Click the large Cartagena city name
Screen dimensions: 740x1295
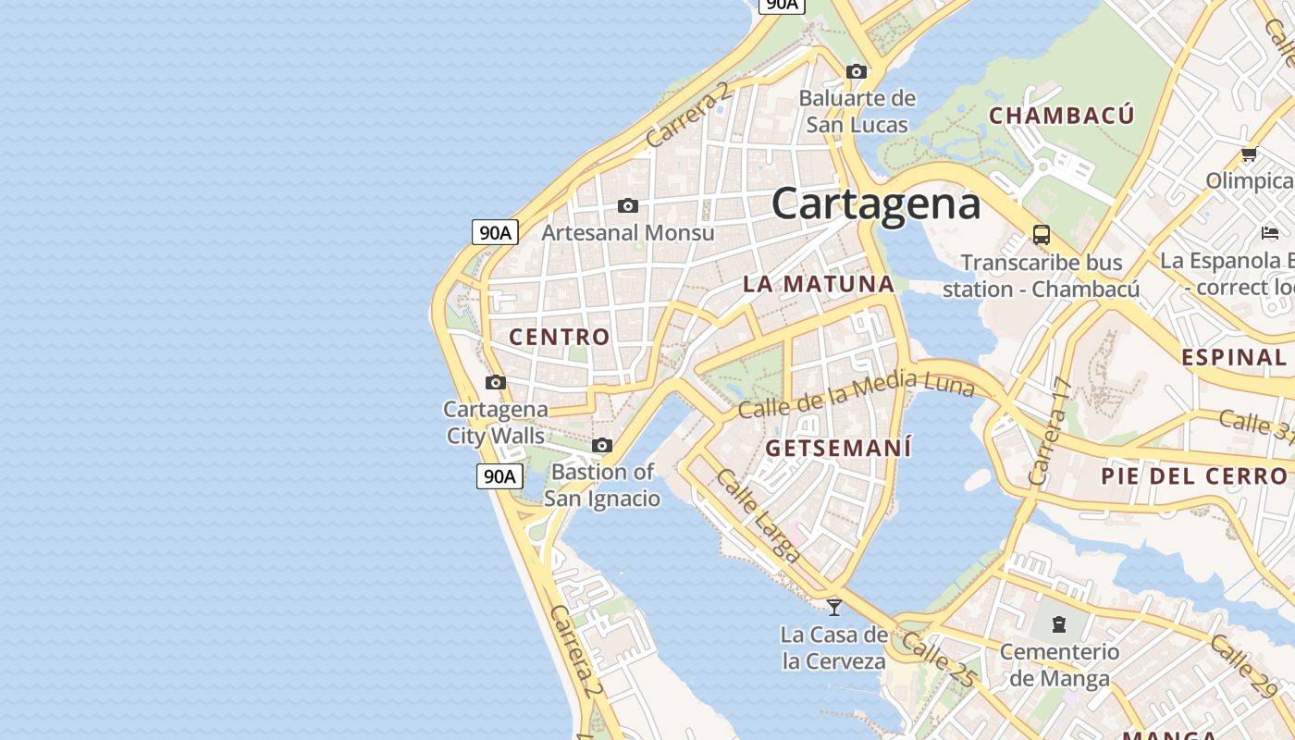(875, 203)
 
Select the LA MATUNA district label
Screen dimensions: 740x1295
(819, 284)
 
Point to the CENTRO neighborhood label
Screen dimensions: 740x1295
(560, 338)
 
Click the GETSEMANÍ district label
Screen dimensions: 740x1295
(839, 449)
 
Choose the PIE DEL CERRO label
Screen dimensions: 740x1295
(1193, 476)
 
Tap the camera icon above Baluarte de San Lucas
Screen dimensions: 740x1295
(857, 71)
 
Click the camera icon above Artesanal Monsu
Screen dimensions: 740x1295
(628, 205)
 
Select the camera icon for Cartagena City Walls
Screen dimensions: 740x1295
(496, 382)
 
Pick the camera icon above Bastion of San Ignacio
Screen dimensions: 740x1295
(602, 445)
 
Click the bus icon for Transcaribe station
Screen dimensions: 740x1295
(1042, 234)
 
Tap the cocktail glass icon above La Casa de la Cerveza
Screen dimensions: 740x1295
(834, 607)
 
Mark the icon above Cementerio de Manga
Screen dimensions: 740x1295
(1059, 624)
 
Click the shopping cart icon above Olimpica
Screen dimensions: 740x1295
(1249, 154)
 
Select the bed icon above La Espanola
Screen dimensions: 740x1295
(1270, 232)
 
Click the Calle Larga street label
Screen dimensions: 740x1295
(758, 516)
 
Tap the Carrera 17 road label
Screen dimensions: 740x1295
(1051, 431)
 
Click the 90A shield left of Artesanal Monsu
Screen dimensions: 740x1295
(495, 232)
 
